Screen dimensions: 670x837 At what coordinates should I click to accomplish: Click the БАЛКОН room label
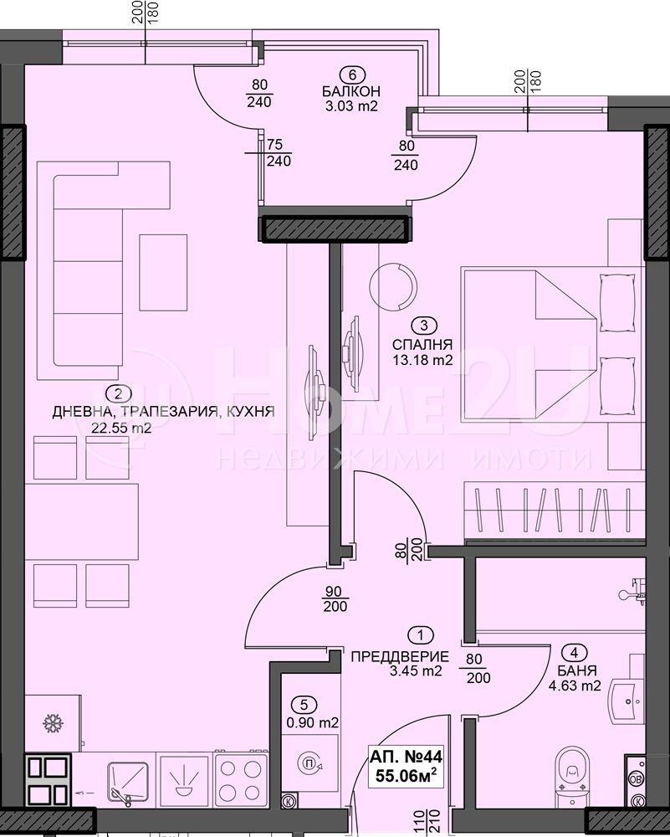[x=351, y=91]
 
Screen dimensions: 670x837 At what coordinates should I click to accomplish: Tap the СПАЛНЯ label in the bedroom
[x=422, y=345]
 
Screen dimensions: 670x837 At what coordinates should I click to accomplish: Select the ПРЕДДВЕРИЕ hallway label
[x=400, y=656]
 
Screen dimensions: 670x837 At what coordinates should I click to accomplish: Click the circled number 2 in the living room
[x=119, y=394]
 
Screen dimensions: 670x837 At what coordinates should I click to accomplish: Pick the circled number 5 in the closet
[x=304, y=705]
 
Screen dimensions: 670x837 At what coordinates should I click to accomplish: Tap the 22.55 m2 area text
[x=121, y=428]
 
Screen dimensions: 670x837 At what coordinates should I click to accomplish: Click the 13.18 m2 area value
[x=422, y=360]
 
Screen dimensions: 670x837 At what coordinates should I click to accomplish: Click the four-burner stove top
[x=241, y=778]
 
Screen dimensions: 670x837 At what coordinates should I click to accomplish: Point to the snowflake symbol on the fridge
[x=53, y=724]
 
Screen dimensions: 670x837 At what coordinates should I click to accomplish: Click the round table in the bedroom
[x=392, y=286]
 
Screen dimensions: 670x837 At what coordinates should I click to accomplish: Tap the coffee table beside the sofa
[x=163, y=272]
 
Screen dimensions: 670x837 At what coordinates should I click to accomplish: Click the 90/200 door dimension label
[x=335, y=599]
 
